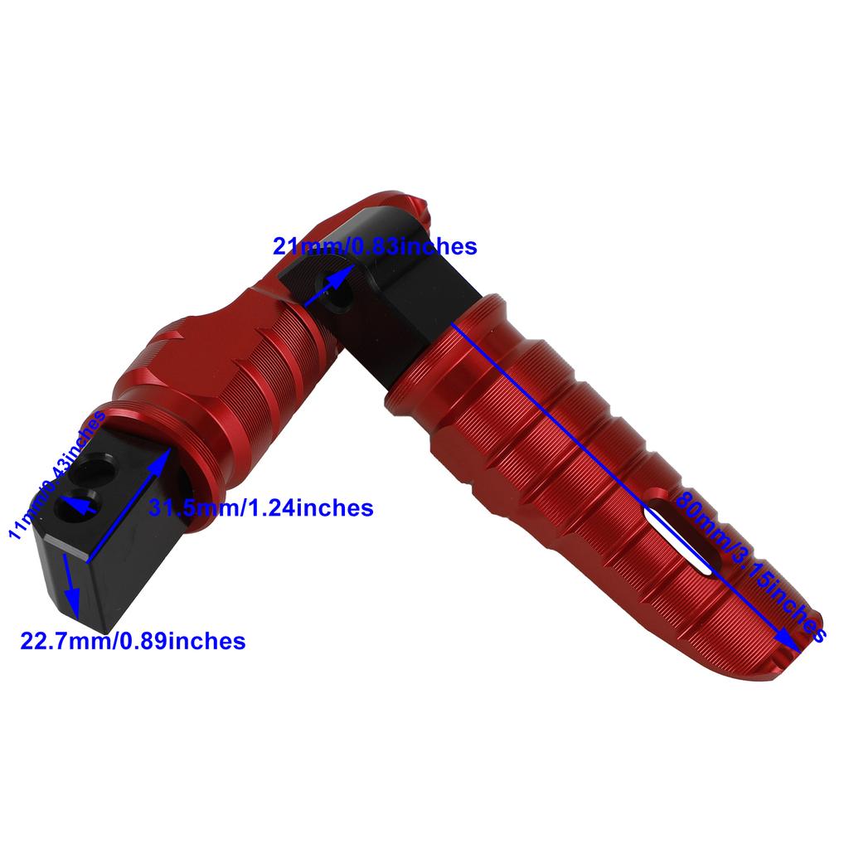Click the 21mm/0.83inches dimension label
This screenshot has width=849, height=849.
tap(375, 246)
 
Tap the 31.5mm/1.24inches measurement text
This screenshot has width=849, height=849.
tap(260, 507)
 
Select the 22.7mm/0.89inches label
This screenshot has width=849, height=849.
tap(133, 641)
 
